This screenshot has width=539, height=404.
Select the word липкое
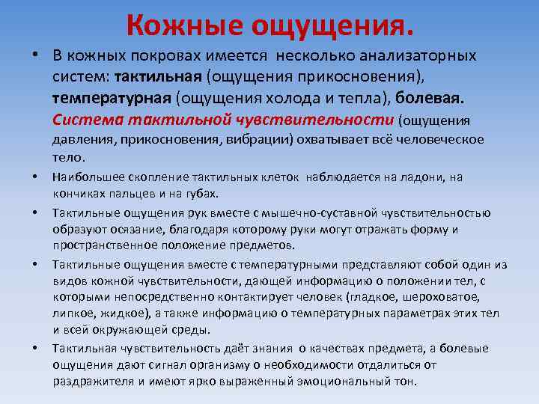pyautogui.click(x=71, y=313)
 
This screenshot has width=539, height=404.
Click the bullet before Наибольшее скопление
pyautogui.click(x=34, y=177)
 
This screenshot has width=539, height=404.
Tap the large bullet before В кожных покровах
pyautogui.click(x=34, y=57)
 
